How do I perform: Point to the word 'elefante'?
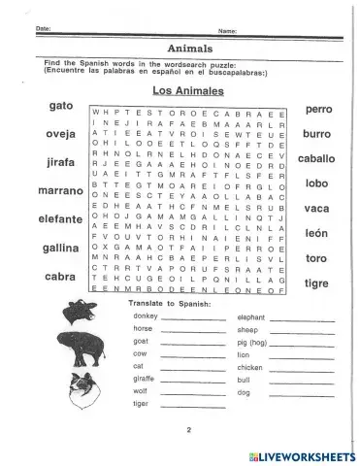[x=46, y=218]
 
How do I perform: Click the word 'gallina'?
[x=46, y=248]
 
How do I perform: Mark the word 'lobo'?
[x=317, y=182]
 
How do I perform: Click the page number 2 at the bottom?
[x=180, y=428]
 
